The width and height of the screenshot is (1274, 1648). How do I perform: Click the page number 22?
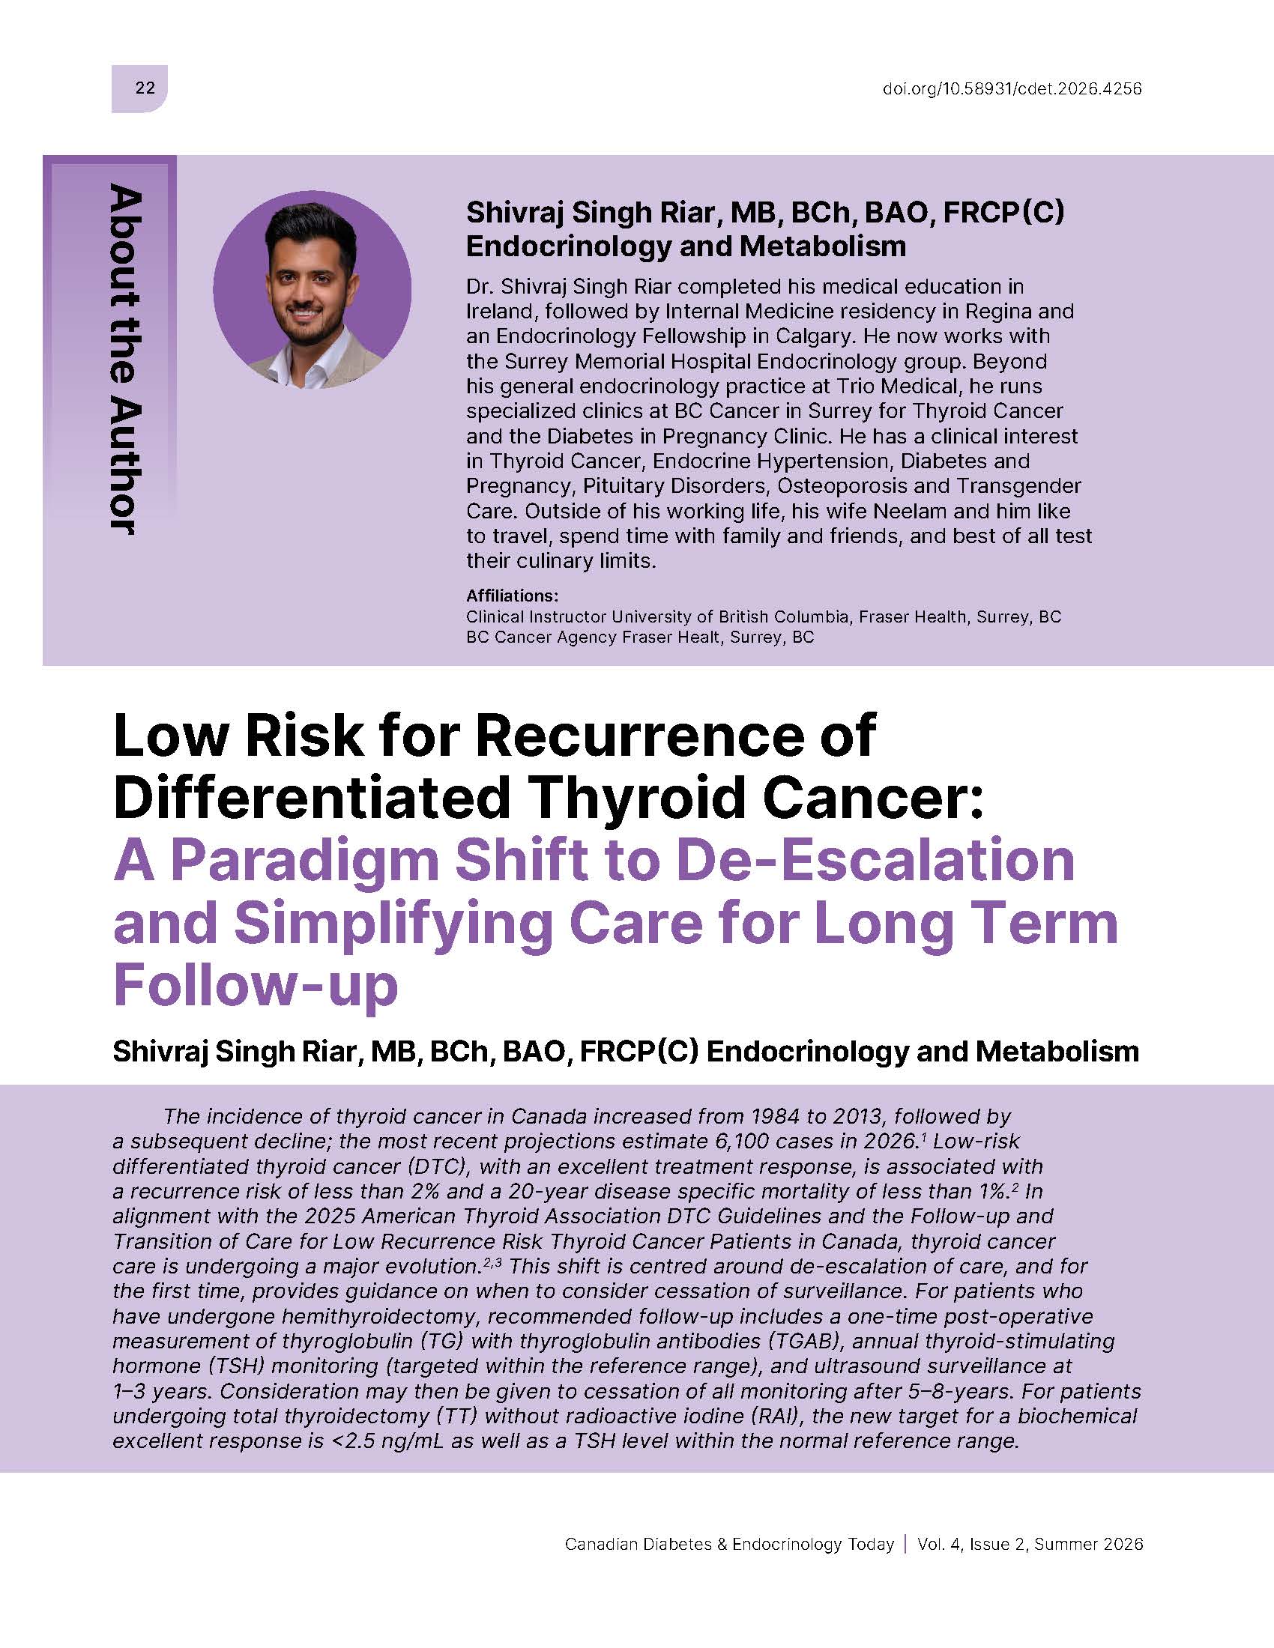click(145, 88)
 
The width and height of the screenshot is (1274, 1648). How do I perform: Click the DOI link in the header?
click(1012, 88)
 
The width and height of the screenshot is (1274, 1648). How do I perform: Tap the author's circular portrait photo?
click(312, 290)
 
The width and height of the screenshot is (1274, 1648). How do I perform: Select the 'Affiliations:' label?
click(513, 596)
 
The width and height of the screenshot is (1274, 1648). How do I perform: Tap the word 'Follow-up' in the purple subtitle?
click(255, 987)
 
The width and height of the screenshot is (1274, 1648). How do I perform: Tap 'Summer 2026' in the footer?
click(1089, 1544)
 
